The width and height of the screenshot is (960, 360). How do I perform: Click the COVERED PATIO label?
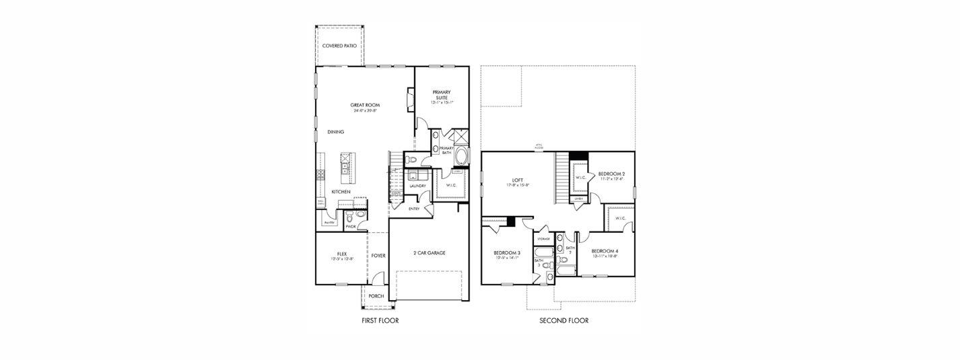coord(339,46)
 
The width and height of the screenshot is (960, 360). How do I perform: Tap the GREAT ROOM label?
coord(366,105)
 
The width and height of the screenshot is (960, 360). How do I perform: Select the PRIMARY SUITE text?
coord(441,95)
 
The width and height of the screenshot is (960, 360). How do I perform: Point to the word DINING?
coord(336,132)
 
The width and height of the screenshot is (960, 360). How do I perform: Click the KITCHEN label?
coord(341,192)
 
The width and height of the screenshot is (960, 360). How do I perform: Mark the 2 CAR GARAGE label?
coord(429,253)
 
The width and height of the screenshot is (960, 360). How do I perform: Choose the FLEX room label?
coord(342,254)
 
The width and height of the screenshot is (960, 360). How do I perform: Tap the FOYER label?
coord(378,256)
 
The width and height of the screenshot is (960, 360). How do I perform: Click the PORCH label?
coord(376,296)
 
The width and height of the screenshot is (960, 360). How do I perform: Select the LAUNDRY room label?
coord(417,186)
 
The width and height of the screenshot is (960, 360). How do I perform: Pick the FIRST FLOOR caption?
coord(380,321)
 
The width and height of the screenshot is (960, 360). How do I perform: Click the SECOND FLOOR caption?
coord(563,321)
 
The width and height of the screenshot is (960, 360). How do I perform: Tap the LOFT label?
coord(517,180)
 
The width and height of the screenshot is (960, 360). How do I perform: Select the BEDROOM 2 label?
coord(611,174)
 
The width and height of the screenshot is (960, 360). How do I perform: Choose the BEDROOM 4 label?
coord(605,251)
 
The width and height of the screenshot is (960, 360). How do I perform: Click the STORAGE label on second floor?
coord(543,239)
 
